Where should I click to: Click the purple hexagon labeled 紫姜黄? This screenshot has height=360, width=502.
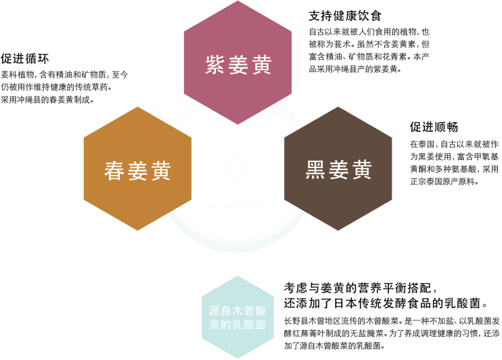point(238,63)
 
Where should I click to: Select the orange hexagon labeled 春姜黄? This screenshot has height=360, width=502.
point(138,169)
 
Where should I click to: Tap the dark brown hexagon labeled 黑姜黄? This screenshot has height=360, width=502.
point(338,169)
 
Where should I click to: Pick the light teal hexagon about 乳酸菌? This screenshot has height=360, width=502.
point(238,317)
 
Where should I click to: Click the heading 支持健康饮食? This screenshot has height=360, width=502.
point(345,16)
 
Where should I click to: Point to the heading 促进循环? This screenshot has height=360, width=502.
point(25,59)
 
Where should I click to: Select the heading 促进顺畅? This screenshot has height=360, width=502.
point(434,127)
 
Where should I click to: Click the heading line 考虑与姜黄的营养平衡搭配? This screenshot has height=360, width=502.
point(360,288)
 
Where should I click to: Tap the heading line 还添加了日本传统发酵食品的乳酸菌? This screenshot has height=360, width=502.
point(386,303)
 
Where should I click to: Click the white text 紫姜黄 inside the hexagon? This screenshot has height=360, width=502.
point(238,65)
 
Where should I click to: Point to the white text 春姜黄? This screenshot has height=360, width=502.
point(138,171)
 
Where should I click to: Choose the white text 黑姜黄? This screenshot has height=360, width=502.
point(339,169)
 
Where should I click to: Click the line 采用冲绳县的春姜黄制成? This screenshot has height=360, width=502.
point(48,99)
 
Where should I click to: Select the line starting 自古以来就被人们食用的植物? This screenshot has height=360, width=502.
point(368,32)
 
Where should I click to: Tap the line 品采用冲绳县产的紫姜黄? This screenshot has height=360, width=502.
point(355,69)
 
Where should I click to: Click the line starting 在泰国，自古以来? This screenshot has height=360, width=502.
point(454,144)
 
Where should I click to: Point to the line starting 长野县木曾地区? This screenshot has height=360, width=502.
point(392,321)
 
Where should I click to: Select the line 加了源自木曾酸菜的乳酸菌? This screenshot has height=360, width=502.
point(334,346)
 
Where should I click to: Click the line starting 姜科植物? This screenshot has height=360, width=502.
point(64,75)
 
